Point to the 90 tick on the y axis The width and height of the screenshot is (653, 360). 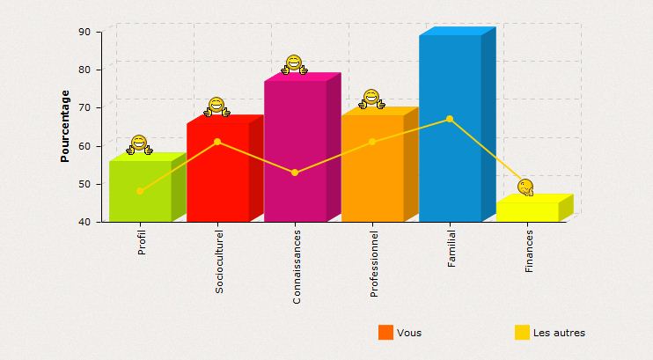85,32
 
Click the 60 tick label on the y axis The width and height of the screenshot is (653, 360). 85,146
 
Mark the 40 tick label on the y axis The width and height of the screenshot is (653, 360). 85,222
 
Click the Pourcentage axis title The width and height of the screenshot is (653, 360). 65,126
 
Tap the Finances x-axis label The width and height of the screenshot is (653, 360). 529,251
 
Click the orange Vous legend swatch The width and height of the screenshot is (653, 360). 385,332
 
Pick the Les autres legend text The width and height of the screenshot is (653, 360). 559,333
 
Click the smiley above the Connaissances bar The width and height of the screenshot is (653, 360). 294,64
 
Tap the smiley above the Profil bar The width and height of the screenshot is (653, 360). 139,144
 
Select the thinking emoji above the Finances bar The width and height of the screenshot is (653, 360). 525,187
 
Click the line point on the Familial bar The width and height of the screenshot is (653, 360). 450,119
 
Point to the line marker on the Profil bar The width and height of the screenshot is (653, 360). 140,191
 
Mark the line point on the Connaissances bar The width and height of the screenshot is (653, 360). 295,173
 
